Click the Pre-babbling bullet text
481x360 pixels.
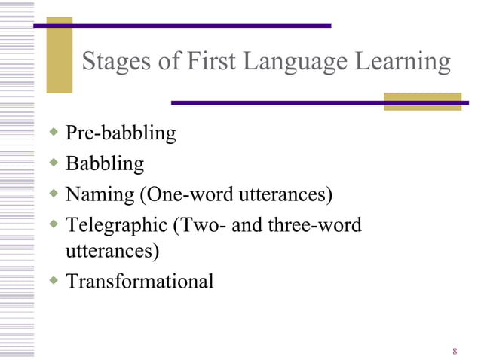pos(121,135)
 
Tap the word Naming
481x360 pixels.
pos(99,195)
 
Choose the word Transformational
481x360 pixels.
pos(139,282)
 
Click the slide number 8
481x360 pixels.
pos(455,351)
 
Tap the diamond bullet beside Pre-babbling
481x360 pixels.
pos(53,133)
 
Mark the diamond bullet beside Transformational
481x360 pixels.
pos(53,280)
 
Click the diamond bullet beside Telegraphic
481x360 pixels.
pos(53,224)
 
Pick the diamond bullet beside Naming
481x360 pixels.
pos(53,194)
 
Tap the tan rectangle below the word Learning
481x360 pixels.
pos(422,102)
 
